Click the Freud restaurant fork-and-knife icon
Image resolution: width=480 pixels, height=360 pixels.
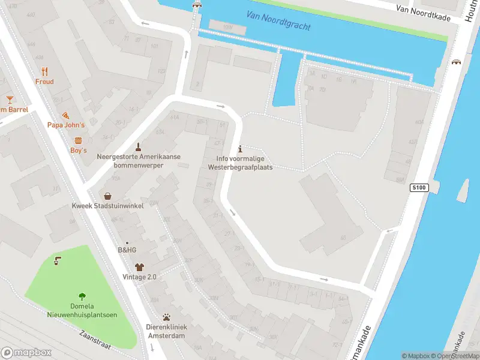(x=44, y=71)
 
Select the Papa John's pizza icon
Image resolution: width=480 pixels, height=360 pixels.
(x=66, y=115)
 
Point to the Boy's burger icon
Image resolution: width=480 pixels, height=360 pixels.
(x=79, y=140)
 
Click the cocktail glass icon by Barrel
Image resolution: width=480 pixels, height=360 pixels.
(x=10, y=99)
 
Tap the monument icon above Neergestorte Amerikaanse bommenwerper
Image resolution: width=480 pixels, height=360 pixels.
(x=139, y=146)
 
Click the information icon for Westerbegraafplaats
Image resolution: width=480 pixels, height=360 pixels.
(x=240, y=148)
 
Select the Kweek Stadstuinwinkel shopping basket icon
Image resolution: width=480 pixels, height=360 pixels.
(x=107, y=196)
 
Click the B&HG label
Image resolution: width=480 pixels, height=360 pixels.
(x=127, y=250)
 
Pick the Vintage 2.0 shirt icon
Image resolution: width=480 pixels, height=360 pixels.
(x=139, y=267)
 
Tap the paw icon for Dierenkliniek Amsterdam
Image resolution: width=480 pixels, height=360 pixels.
(x=166, y=317)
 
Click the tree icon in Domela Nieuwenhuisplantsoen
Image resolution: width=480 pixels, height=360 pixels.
(x=82, y=296)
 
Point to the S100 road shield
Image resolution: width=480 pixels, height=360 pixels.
(x=419, y=188)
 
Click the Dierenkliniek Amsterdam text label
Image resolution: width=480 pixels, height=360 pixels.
(x=167, y=331)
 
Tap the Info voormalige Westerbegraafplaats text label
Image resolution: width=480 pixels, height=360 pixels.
(x=240, y=163)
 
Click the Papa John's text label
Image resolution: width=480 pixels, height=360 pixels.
(x=66, y=125)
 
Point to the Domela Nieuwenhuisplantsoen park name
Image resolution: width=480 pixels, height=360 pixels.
(x=82, y=310)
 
